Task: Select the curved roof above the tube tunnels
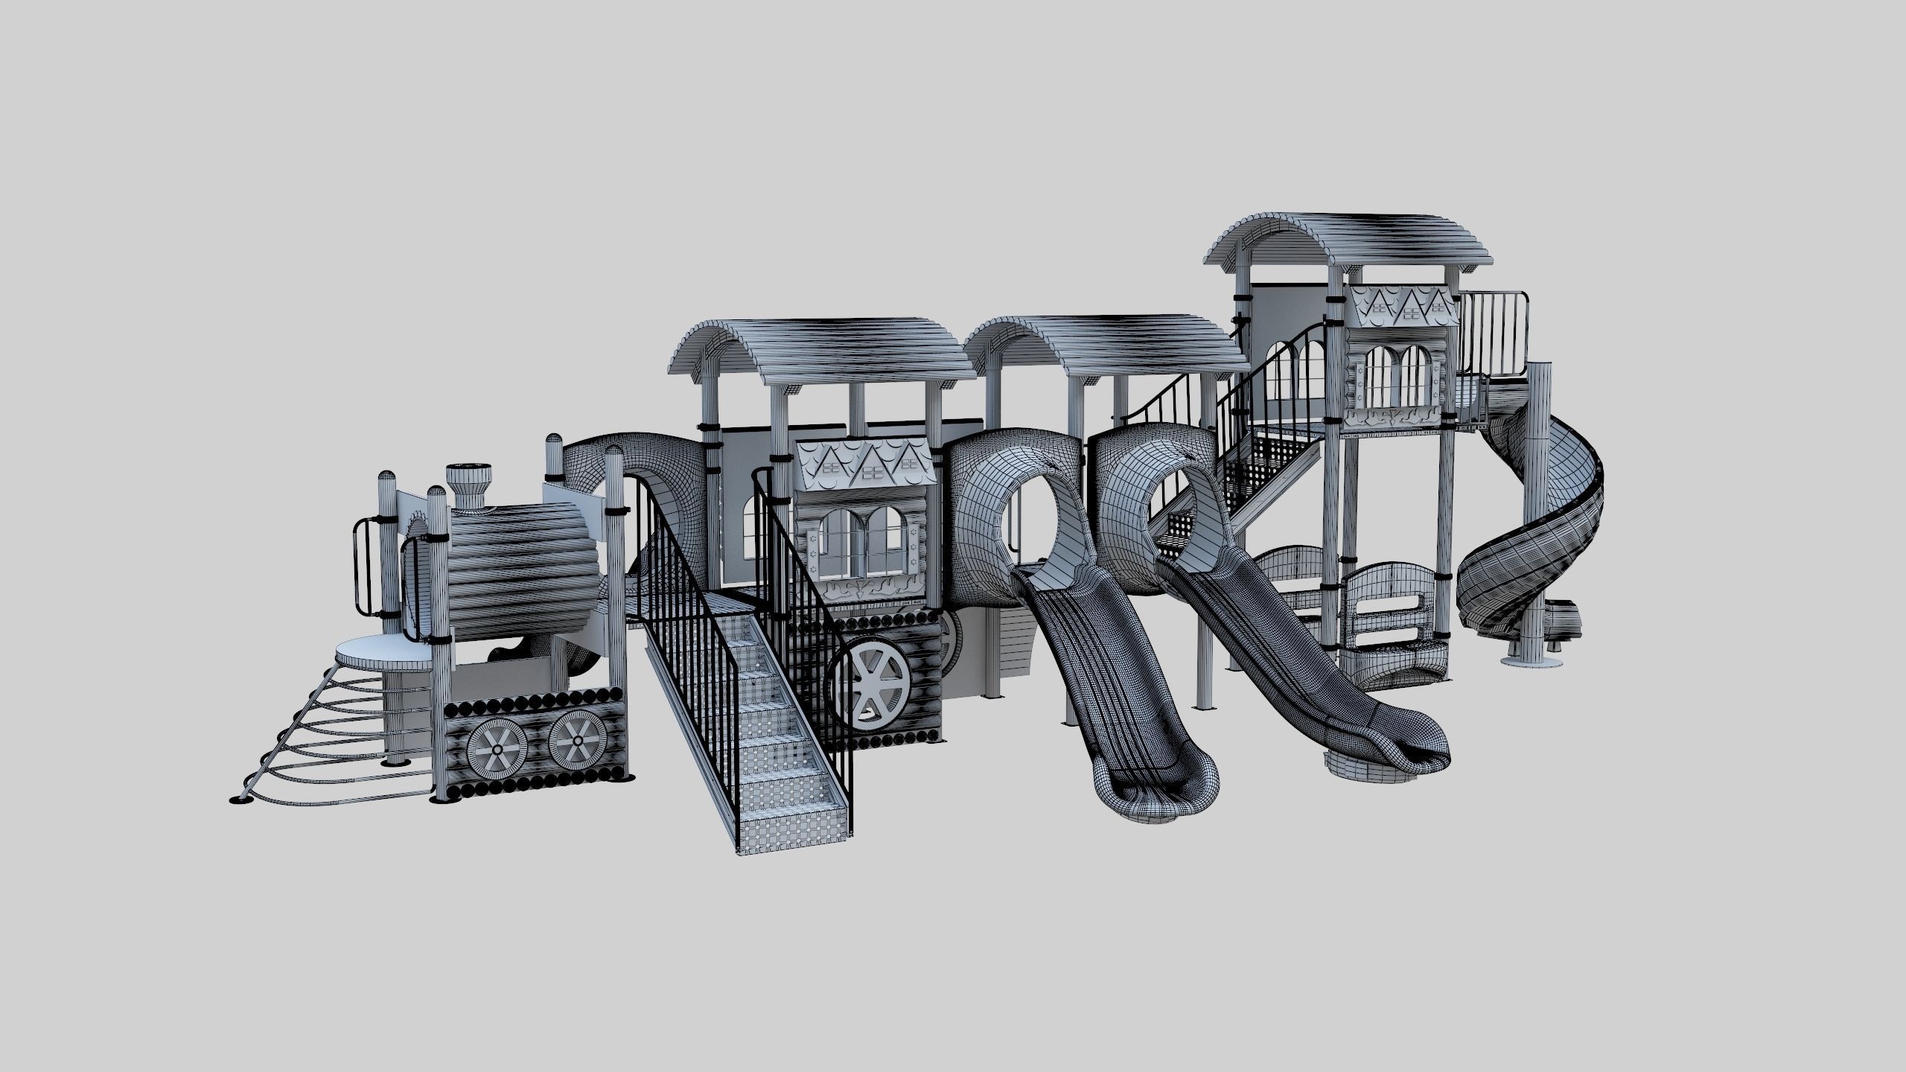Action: pos(1109,346)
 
